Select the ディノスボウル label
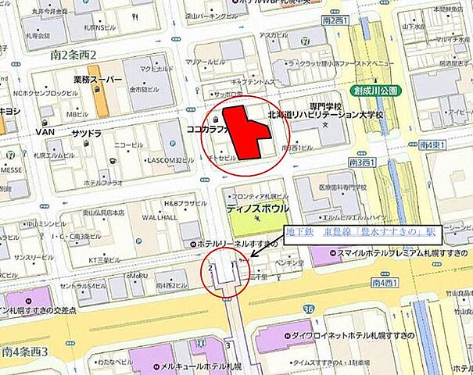258,209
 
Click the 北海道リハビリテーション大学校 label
325,115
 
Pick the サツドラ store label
88,134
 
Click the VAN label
43,133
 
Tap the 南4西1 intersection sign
388,282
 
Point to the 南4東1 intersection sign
432,145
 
